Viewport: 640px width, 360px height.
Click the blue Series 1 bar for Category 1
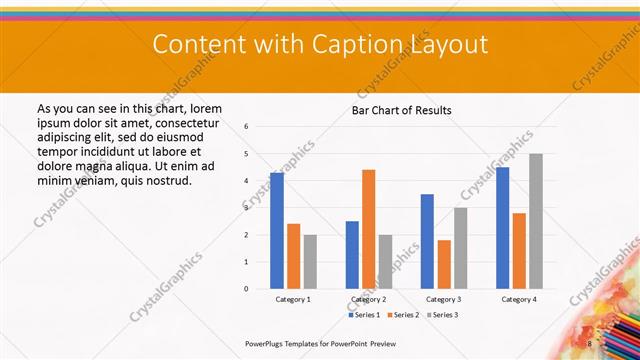tap(277, 231)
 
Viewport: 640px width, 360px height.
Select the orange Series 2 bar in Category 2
tap(369, 229)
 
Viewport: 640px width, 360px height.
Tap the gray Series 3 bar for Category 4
tap(536, 221)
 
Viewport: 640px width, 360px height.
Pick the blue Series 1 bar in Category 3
tap(427, 241)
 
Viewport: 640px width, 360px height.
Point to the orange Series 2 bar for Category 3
tap(444, 264)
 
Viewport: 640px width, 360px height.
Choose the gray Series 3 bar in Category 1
tap(310, 262)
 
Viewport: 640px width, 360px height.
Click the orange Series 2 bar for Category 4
tap(519, 251)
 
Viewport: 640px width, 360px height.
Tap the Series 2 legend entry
tap(404, 315)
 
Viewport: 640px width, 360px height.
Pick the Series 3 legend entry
tap(444, 315)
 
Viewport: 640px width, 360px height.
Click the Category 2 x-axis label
tap(368, 299)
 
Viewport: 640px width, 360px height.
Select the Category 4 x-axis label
tap(519, 299)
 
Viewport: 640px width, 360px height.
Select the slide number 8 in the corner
tap(590, 343)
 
